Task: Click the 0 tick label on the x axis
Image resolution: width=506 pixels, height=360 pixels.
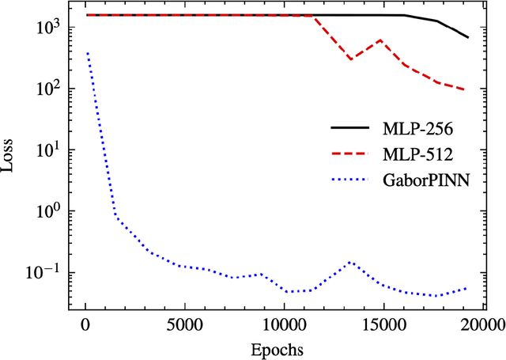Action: (85, 325)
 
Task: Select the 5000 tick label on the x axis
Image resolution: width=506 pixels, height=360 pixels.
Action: (184, 325)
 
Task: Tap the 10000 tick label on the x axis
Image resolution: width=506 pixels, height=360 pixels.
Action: (284, 325)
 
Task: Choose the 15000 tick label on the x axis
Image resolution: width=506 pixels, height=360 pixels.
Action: (383, 325)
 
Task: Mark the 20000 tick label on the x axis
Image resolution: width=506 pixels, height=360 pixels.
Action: (482, 325)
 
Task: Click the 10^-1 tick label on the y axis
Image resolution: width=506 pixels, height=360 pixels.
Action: (59, 272)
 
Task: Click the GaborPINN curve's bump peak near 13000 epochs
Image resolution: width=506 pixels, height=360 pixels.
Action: (350, 262)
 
